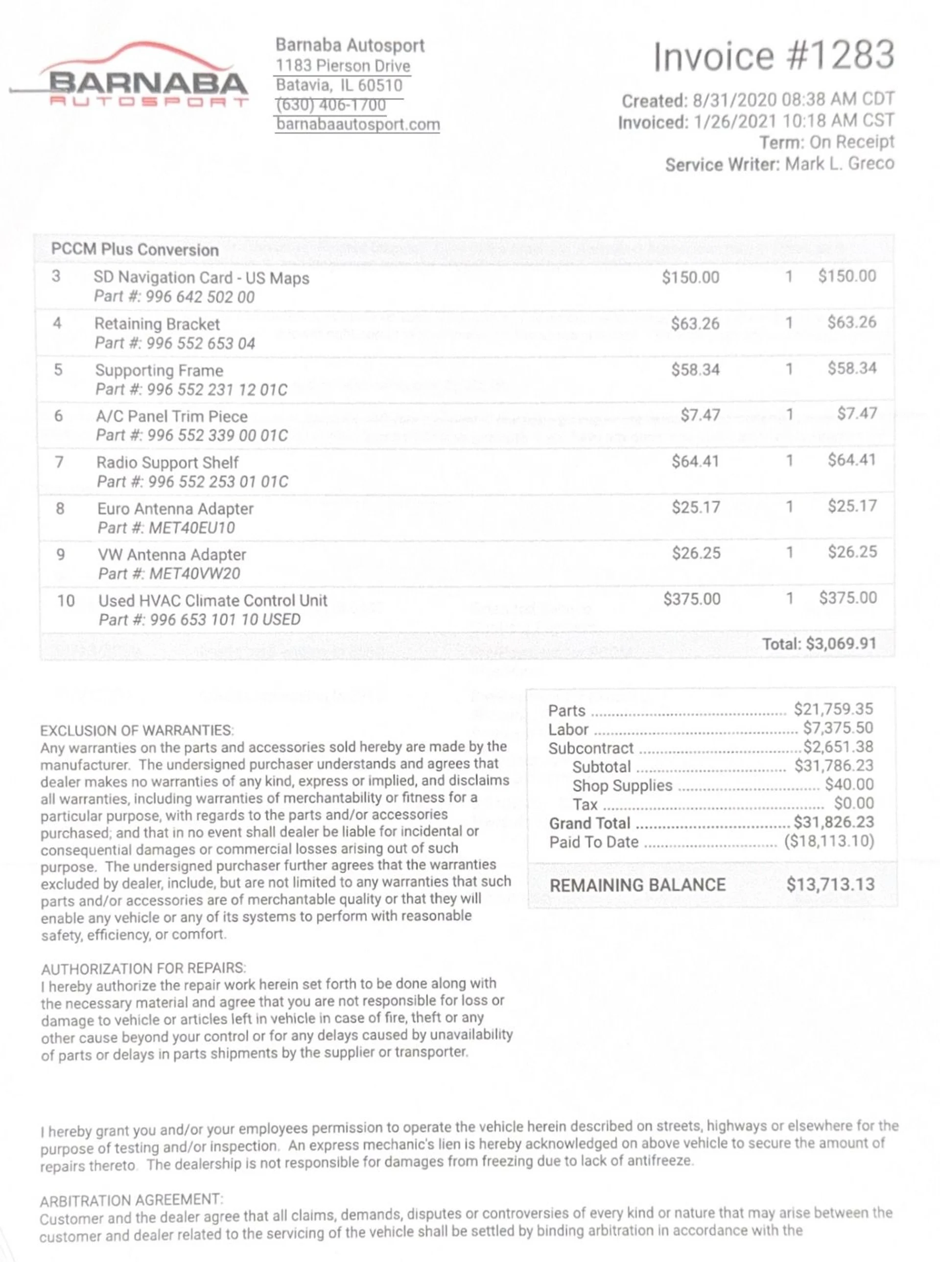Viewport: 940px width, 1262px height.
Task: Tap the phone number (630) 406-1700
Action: tap(330, 105)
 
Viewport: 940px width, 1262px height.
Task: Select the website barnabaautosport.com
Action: tap(358, 124)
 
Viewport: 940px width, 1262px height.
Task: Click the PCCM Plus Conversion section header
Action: tap(135, 249)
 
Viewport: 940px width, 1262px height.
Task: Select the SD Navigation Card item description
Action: tap(201, 278)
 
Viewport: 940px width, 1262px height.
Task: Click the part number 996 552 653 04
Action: tap(200, 344)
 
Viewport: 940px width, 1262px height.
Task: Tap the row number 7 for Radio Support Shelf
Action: tap(59, 462)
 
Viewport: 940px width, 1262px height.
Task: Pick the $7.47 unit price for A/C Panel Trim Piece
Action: tap(701, 415)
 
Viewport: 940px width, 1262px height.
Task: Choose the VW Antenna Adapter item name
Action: tap(172, 555)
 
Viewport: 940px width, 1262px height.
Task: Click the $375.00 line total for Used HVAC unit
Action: tap(848, 598)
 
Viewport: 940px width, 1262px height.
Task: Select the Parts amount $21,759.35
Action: tap(833, 709)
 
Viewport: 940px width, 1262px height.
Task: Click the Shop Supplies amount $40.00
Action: tap(849, 785)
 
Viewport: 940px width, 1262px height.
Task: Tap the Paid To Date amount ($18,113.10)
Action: tap(829, 841)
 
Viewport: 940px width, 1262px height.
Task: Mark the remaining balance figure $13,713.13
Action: tap(830, 885)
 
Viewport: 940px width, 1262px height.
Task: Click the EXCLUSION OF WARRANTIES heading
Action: tap(137, 731)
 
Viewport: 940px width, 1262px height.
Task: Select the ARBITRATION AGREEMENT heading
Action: tap(131, 1199)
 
